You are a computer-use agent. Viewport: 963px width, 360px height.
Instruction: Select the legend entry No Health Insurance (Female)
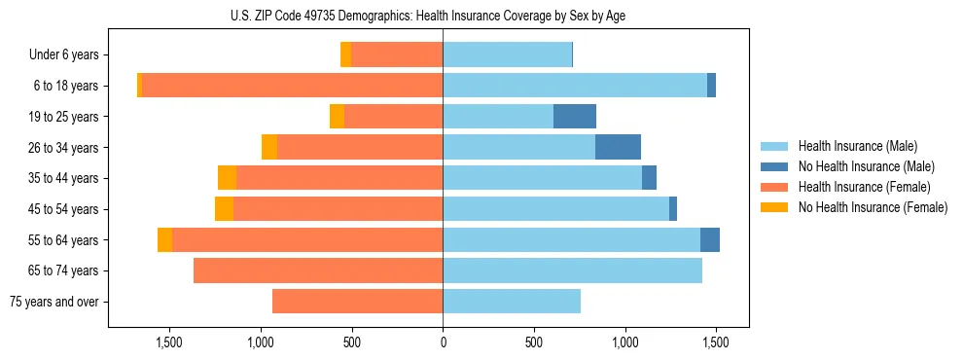pos(873,207)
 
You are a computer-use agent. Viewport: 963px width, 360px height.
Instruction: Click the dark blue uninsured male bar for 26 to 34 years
pos(618,147)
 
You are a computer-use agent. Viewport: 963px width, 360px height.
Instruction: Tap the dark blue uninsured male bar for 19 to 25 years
pos(574,117)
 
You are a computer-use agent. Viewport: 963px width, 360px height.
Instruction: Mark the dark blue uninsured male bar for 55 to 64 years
pos(709,239)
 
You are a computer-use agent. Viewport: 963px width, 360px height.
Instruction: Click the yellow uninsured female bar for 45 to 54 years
pos(224,209)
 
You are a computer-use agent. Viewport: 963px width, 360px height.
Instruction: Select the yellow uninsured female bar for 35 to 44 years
pos(227,178)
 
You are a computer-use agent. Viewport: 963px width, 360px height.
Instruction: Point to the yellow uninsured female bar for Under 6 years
pos(345,54)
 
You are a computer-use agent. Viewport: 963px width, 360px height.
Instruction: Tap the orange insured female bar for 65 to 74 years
pos(318,270)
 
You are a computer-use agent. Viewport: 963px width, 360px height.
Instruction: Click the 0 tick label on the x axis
pos(443,342)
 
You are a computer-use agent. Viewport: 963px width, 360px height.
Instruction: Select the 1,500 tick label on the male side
pos(715,342)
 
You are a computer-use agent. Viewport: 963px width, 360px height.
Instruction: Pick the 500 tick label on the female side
pos(352,342)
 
